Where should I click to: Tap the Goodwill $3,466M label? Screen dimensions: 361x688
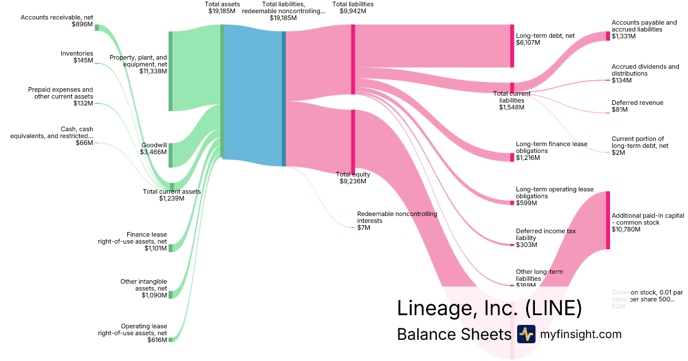coord(153,148)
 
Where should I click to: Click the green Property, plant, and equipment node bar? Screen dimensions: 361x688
coord(170,71)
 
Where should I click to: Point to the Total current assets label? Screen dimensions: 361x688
coord(171,195)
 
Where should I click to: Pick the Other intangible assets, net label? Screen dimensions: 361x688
coord(143,285)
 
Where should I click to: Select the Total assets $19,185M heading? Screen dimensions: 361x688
coord(222,7)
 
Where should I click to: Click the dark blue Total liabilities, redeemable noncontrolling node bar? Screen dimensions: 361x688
coord(283,99)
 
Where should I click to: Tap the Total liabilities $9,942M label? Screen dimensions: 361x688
coord(353,7)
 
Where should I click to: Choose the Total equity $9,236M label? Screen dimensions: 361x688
coord(353,178)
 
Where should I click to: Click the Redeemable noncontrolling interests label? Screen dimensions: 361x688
coord(397,217)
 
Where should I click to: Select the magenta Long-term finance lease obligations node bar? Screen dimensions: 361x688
coord(512,157)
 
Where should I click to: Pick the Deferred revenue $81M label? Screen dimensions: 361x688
coord(637,106)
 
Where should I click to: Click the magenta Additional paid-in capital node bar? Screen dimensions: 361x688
coord(608,220)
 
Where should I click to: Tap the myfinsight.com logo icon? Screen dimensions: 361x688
coord(526,334)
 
